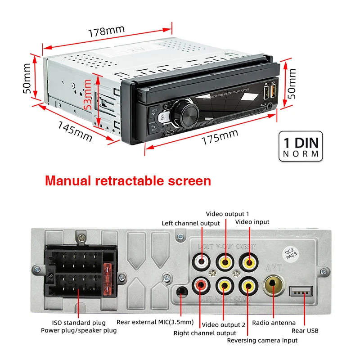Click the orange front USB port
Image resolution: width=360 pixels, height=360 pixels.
tap(273, 93)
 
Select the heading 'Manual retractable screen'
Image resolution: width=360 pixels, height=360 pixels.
tap(128, 181)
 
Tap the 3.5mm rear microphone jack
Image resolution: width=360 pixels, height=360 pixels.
tap(181, 292)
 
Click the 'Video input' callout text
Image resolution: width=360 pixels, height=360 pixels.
tap(252, 222)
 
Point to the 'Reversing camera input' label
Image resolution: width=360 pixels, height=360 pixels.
tap(262, 340)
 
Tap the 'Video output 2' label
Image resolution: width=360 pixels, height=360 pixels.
tap(224, 324)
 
